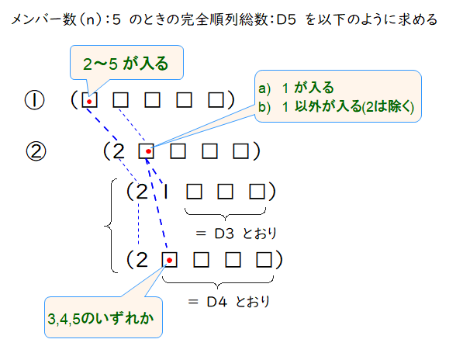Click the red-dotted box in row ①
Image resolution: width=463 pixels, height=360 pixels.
90,101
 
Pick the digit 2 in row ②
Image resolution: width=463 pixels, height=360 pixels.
119,151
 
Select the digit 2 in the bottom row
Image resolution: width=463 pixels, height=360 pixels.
141,258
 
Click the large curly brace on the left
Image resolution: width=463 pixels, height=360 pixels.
109,227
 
